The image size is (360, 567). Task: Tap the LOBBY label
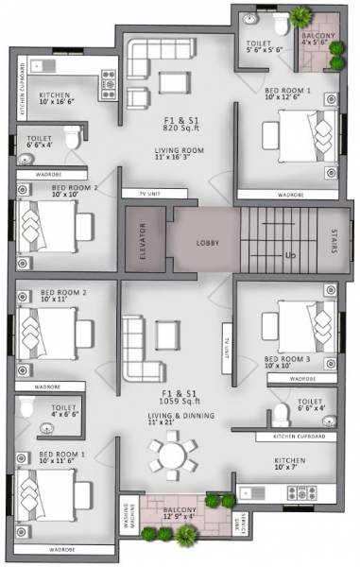208,243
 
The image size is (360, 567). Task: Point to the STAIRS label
335,243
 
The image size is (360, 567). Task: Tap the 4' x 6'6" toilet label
56,410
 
